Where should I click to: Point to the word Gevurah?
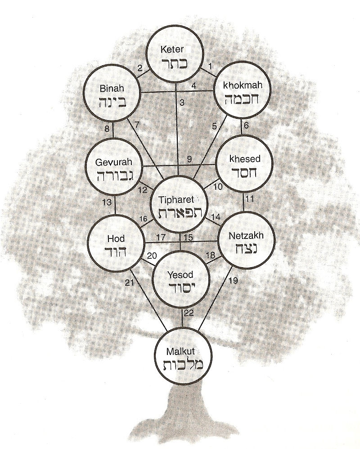[x=113, y=162]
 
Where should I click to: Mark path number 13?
[x=107, y=202]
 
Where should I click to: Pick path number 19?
[x=234, y=280]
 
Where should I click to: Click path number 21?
[x=130, y=283]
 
